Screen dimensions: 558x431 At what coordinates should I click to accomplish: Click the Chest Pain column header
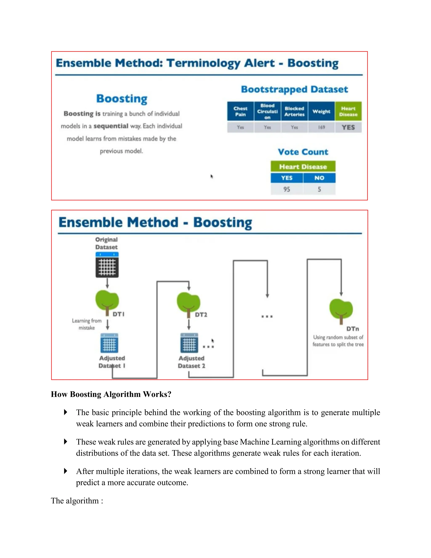240,111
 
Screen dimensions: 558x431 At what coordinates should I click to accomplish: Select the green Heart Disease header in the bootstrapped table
348,111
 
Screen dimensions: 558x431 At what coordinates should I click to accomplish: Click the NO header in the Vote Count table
319,178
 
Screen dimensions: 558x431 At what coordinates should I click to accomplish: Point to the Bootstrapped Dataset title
294,89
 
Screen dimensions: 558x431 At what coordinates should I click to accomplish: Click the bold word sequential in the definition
111,126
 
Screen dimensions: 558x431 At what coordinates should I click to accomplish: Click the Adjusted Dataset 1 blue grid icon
109,343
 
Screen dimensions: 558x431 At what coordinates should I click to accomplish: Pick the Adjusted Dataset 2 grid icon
189,343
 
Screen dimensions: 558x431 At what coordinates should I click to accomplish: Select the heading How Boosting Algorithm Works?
111,394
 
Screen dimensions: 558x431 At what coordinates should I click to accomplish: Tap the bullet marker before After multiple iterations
66,471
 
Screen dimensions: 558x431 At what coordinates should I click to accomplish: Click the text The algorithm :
77,501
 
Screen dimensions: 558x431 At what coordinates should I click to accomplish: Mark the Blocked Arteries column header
294,111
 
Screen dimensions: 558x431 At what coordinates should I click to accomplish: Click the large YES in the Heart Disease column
348,127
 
